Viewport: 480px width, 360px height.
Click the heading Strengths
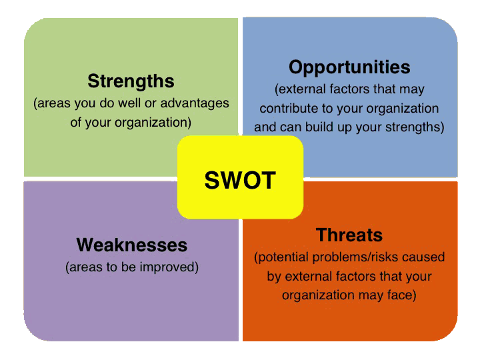point(131,82)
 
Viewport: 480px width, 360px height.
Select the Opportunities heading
point(349,67)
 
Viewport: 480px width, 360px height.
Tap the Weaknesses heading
point(132,245)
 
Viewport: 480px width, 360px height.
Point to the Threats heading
point(349,235)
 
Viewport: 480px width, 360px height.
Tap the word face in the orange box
point(403,295)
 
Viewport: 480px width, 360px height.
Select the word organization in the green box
point(157,123)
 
